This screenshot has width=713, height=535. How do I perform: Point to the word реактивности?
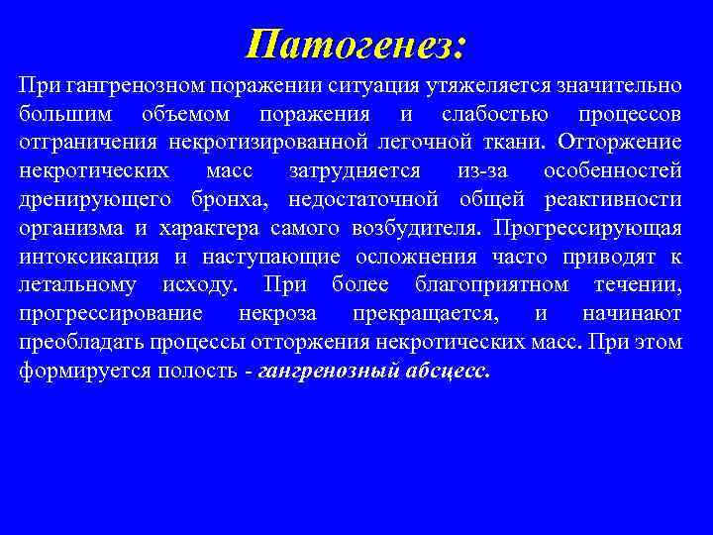613,199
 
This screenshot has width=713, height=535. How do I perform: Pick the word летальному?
79,285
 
